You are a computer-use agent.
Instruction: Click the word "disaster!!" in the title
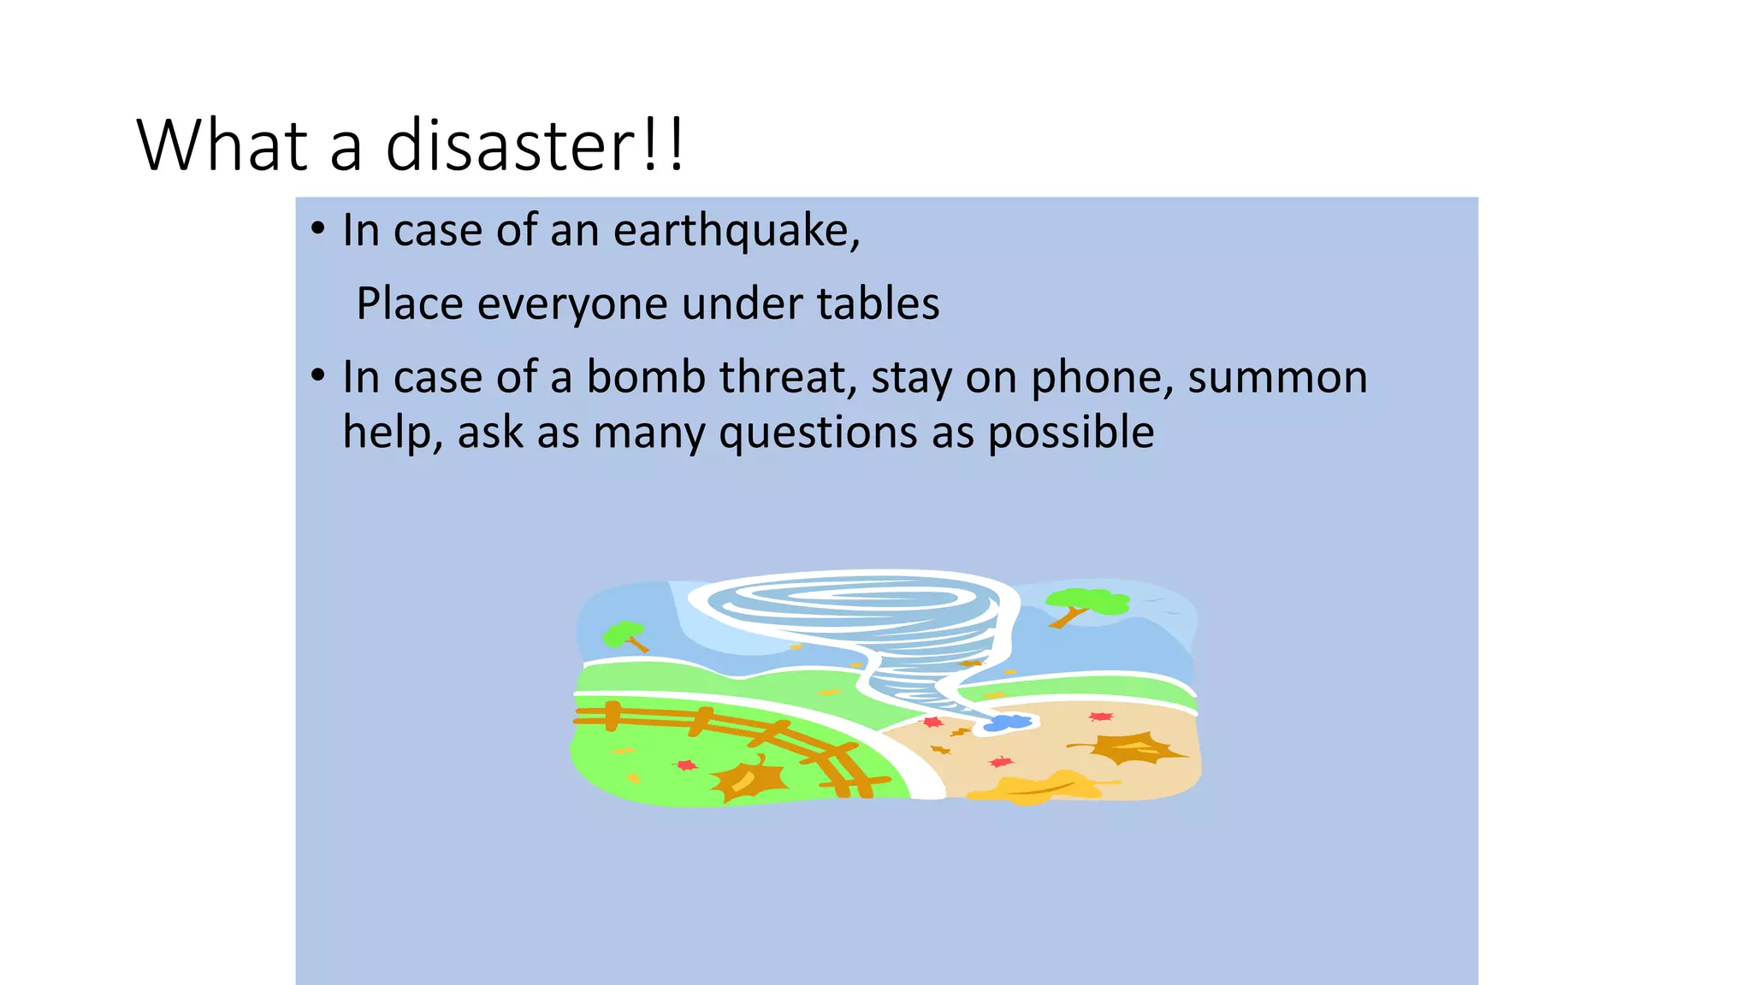click(535, 145)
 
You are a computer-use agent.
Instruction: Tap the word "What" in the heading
click(222, 145)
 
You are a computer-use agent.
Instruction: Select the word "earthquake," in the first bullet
click(737, 231)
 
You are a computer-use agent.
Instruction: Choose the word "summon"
click(1277, 377)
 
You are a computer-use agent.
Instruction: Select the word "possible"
click(1071, 433)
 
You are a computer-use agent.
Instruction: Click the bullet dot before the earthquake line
click(318, 229)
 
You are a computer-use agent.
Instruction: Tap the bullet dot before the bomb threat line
click(318, 375)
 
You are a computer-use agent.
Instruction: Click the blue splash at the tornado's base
click(1009, 723)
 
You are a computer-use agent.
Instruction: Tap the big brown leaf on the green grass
click(749, 778)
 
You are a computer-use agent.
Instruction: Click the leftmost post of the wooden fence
click(613, 716)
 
